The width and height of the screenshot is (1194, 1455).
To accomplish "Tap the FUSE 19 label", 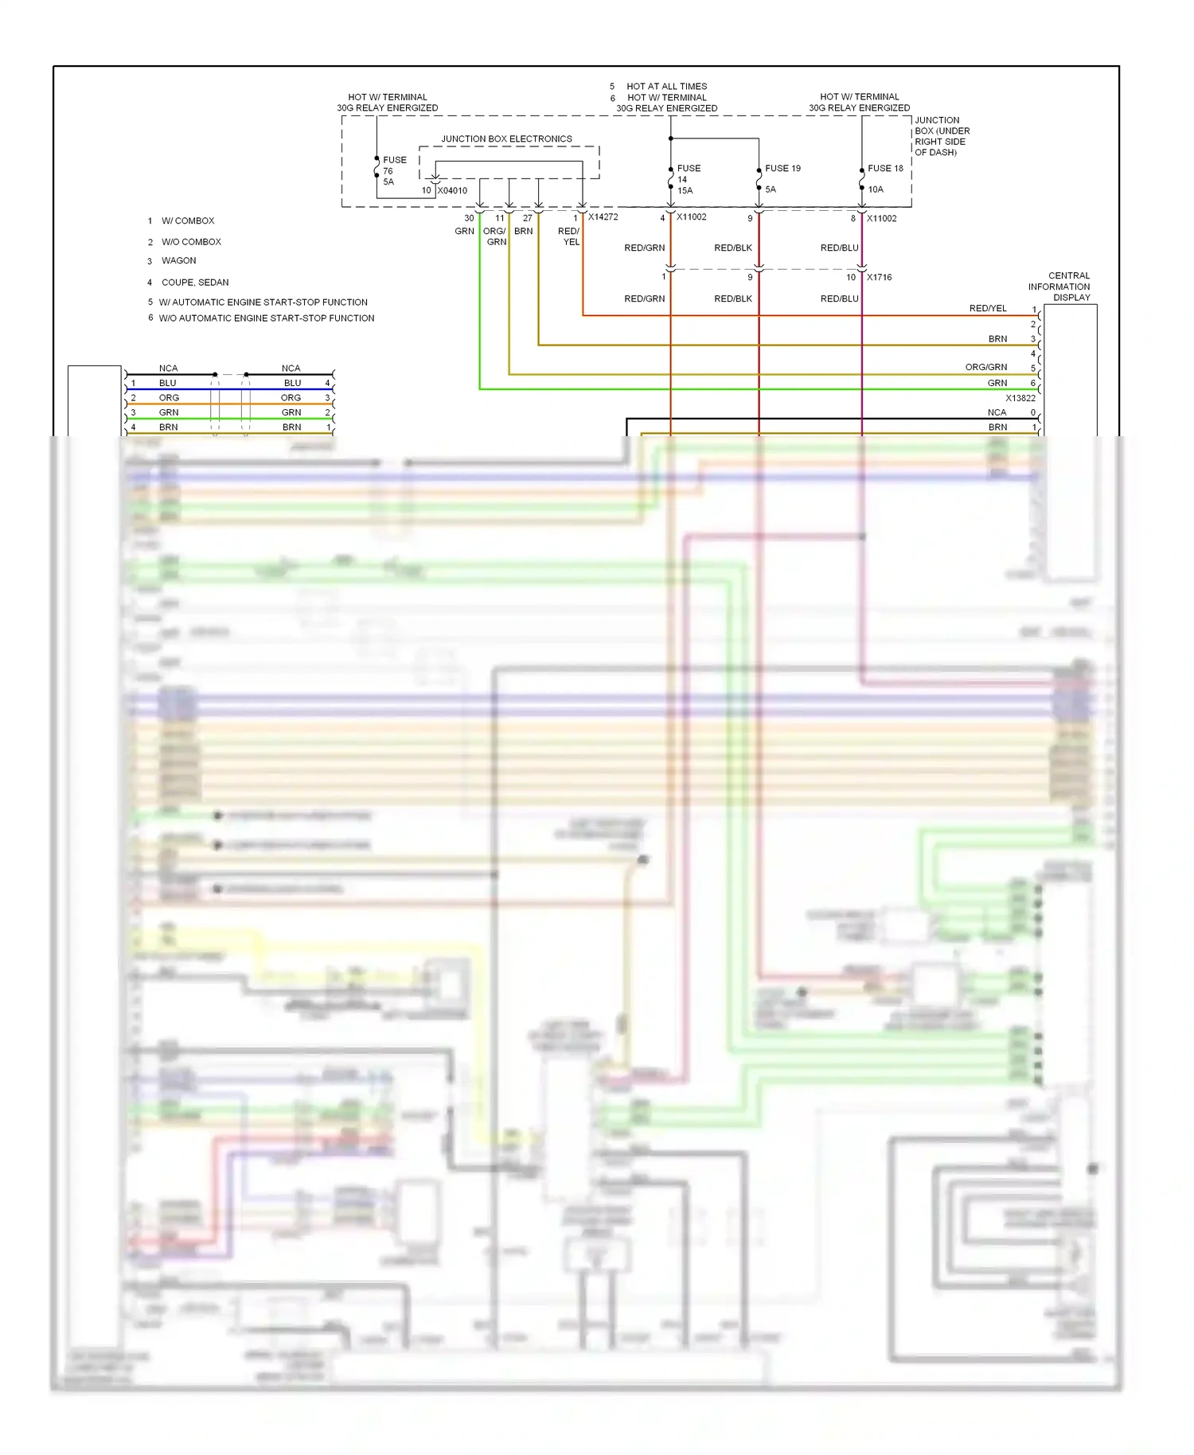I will click(782, 169).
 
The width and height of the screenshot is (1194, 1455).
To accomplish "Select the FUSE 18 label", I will click(885, 169).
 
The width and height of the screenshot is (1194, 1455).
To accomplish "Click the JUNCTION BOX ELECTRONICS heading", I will click(506, 139).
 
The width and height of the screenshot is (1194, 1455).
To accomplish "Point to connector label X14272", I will click(603, 217).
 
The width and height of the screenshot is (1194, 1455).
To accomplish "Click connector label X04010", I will click(452, 191).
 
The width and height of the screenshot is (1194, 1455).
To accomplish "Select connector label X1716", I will click(879, 278).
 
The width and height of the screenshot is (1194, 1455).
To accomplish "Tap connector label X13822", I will click(1020, 398).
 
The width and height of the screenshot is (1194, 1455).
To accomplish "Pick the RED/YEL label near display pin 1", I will click(987, 309).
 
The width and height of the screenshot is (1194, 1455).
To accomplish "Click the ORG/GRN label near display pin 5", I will click(985, 368).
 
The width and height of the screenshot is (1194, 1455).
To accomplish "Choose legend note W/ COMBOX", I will click(188, 221).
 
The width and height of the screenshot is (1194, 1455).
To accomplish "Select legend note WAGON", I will click(178, 261).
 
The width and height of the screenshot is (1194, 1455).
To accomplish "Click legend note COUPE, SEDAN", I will click(195, 283).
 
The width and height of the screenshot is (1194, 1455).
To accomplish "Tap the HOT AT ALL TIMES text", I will click(666, 87).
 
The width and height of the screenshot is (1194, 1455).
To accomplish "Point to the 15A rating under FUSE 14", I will click(685, 191).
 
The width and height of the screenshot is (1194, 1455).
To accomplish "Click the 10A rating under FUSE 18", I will click(876, 190).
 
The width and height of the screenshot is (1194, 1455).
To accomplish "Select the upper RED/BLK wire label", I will click(732, 248).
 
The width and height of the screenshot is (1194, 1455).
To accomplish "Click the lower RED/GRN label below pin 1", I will click(644, 299).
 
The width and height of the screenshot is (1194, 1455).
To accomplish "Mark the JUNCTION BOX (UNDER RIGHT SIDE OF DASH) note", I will click(942, 136).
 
